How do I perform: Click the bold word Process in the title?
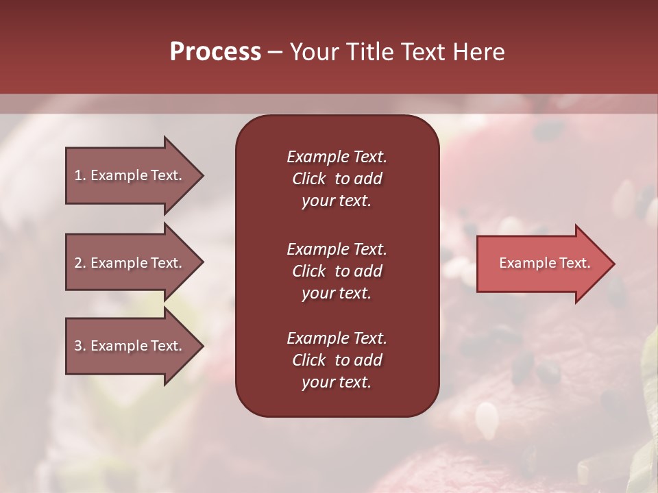point(215,52)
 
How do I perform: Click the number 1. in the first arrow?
point(80,175)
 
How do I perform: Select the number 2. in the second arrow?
point(80,263)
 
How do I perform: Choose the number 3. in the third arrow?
point(80,346)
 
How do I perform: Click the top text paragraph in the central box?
point(337,179)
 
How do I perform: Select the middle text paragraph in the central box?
point(337,271)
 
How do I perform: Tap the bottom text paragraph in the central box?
point(337,360)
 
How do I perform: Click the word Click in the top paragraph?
point(308,179)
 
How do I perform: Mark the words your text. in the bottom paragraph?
point(336,382)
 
